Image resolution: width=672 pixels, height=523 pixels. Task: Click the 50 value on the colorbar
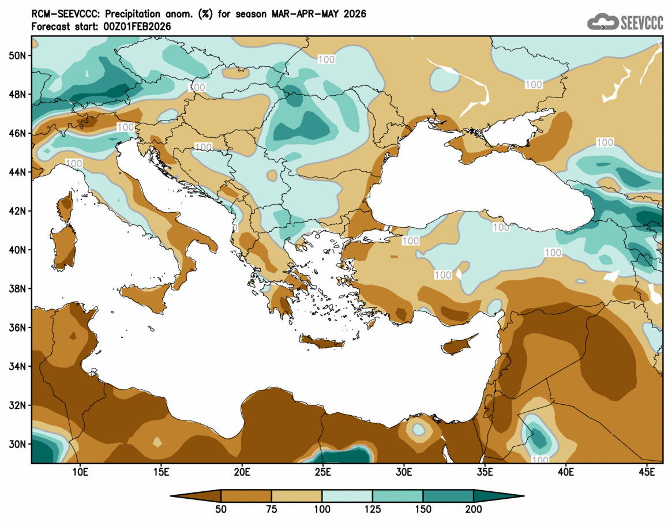click(x=222, y=509)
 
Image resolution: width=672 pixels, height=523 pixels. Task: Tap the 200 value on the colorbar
click(x=473, y=509)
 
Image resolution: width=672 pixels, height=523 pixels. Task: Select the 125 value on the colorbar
click(x=373, y=509)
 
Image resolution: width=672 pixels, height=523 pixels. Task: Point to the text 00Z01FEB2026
click(x=136, y=27)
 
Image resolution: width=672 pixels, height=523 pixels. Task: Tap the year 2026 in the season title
click(x=353, y=14)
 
